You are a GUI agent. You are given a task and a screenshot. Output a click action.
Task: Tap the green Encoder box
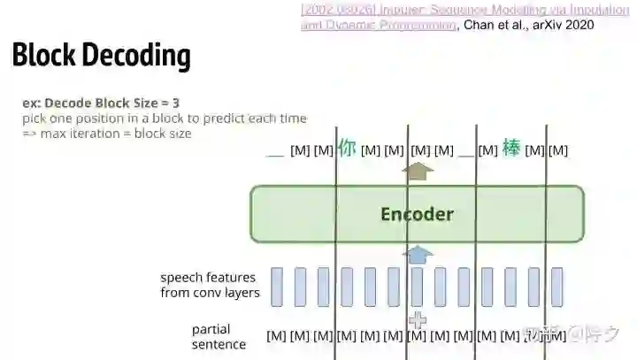[417, 214]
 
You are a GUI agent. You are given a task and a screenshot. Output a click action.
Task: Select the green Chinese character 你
[346, 149]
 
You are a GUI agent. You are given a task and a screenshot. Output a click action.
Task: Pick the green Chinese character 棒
[511, 149]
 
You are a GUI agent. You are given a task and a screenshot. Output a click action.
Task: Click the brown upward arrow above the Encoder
[418, 171]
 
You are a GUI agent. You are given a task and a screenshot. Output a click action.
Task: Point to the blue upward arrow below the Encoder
[418, 255]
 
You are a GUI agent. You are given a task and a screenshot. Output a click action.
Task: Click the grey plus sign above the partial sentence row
[418, 318]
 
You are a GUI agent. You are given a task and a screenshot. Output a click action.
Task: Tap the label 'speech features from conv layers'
[209, 285]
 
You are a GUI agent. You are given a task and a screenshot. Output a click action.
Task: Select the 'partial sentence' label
[219, 337]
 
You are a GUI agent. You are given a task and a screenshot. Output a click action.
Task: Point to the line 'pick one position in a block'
[165, 119]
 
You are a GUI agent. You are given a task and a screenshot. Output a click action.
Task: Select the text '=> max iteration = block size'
[106, 134]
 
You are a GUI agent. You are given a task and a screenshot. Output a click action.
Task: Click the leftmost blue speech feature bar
[277, 287]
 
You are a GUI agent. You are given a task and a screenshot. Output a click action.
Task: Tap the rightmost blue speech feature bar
[556, 287]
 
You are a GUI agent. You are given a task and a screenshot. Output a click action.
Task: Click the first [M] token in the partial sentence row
[277, 336]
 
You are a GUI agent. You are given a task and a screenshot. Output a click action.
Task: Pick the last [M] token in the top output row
[558, 150]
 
